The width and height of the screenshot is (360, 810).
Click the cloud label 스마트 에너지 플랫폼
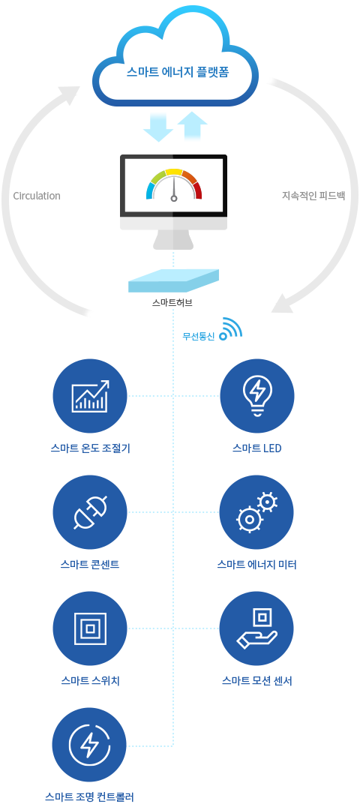point(178,72)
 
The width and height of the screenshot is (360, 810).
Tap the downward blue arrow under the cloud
point(158,127)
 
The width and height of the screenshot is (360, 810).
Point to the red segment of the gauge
point(197,190)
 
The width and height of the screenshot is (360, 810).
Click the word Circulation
point(37,196)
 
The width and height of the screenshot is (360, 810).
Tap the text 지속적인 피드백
point(313,196)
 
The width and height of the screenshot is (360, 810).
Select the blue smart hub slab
point(173,281)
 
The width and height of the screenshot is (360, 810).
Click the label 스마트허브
point(172,303)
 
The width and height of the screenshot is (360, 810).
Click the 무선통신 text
point(199,336)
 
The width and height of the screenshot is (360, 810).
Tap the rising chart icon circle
point(90,396)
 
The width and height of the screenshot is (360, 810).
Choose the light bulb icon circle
point(257,396)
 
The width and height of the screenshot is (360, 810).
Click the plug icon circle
point(90,512)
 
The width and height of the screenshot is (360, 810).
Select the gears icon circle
point(256,512)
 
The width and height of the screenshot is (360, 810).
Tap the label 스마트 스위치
point(91,681)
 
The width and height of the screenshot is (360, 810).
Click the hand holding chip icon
point(256,628)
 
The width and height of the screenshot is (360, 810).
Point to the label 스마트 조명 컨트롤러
point(90,797)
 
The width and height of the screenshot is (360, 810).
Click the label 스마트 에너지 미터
point(256,565)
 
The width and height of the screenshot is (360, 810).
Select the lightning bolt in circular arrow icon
point(90,745)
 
